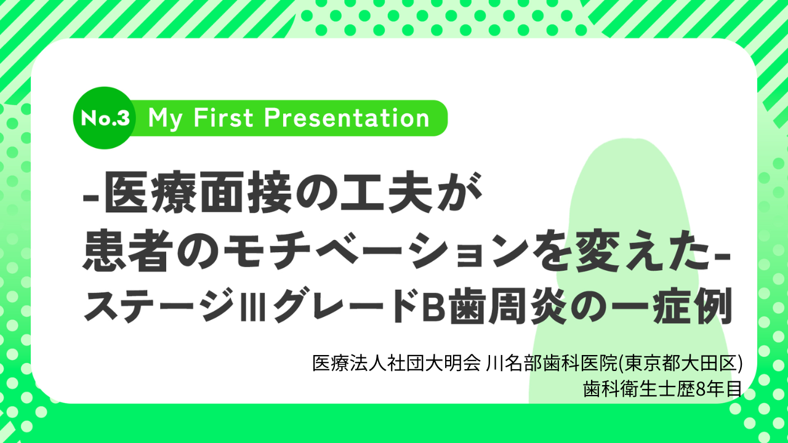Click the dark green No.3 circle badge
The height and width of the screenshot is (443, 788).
click(104, 118)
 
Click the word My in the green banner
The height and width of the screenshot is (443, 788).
click(166, 119)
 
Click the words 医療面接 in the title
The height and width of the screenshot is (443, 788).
click(198, 193)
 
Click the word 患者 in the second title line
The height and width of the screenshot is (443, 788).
click(125, 252)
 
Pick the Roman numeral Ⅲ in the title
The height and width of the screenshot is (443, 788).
click(252, 305)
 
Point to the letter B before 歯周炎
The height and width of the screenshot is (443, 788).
click(433, 305)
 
